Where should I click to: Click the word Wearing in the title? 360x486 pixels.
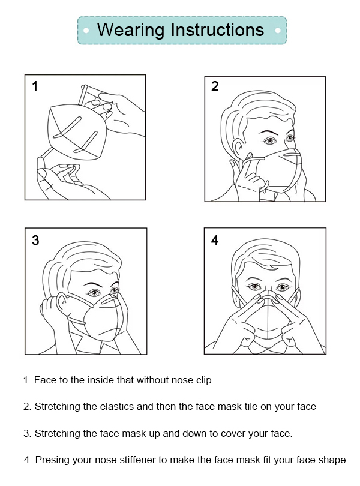coord(131,31)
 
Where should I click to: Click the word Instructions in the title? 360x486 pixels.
coord(217,29)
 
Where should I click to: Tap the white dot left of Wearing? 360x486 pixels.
coord(86,31)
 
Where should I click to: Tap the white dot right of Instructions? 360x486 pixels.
coord(278,31)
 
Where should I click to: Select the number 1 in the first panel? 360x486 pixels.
coord(35,86)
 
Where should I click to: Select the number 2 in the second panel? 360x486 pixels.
coord(215,86)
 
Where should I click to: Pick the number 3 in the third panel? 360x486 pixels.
coord(35,240)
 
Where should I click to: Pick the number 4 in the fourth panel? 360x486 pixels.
coord(215,240)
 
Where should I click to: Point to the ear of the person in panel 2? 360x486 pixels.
coord(238,149)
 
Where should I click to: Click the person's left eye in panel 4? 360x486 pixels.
coord(283,287)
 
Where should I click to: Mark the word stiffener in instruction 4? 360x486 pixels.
coord(134,460)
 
